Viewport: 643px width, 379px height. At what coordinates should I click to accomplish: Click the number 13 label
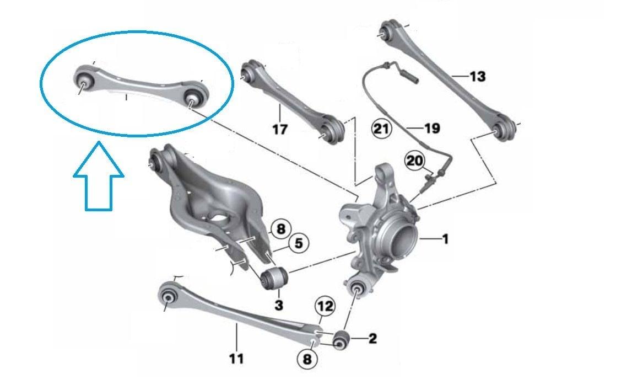click(x=477, y=76)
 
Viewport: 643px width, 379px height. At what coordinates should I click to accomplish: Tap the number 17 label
click(x=280, y=129)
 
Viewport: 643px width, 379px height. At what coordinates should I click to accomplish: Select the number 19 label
click(x=432, y=129)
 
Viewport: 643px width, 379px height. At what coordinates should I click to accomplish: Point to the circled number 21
click(x=381, y=129)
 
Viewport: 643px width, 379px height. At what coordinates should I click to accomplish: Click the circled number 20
click(x=414, y=161)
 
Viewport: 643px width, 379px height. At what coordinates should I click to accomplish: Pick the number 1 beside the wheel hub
click(x=445, y=238)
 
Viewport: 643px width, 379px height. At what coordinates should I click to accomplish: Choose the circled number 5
click(x=299, y=243)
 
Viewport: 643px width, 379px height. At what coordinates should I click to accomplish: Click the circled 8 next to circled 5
click(x=281, y=228)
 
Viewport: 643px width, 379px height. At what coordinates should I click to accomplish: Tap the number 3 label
click(x=278, y=305)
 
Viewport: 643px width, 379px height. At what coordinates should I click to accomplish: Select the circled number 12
click(x=325, y=306)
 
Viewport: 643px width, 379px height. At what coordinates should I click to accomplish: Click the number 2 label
click(x=372, y=339)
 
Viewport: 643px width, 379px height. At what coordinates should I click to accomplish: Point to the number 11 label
click(x=236, y=359)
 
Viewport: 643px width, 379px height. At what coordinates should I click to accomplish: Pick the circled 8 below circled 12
click(x=307, y=360)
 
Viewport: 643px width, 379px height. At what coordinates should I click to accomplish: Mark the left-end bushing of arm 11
click(x=167, y=296)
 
